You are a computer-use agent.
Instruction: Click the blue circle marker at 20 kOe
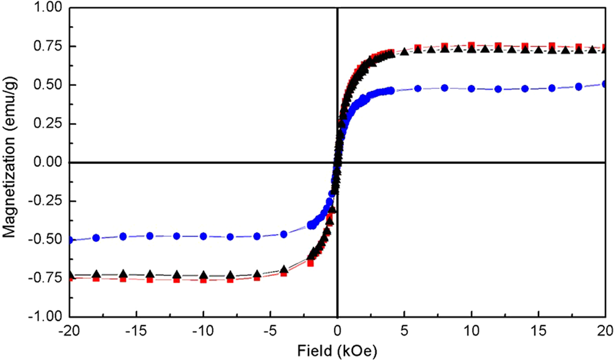click(605, 84)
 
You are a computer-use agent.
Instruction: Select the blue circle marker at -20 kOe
click(69, 240)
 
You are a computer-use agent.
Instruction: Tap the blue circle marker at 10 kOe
click(471, 88)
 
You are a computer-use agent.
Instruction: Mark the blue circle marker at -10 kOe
click(203, 236)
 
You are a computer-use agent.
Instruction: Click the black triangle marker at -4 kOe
click(284, 269)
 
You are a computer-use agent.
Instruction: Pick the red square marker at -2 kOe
click(310, 263)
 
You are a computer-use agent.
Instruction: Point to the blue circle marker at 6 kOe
click(418, 88)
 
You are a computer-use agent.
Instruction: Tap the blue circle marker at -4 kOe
click(284, 234)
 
